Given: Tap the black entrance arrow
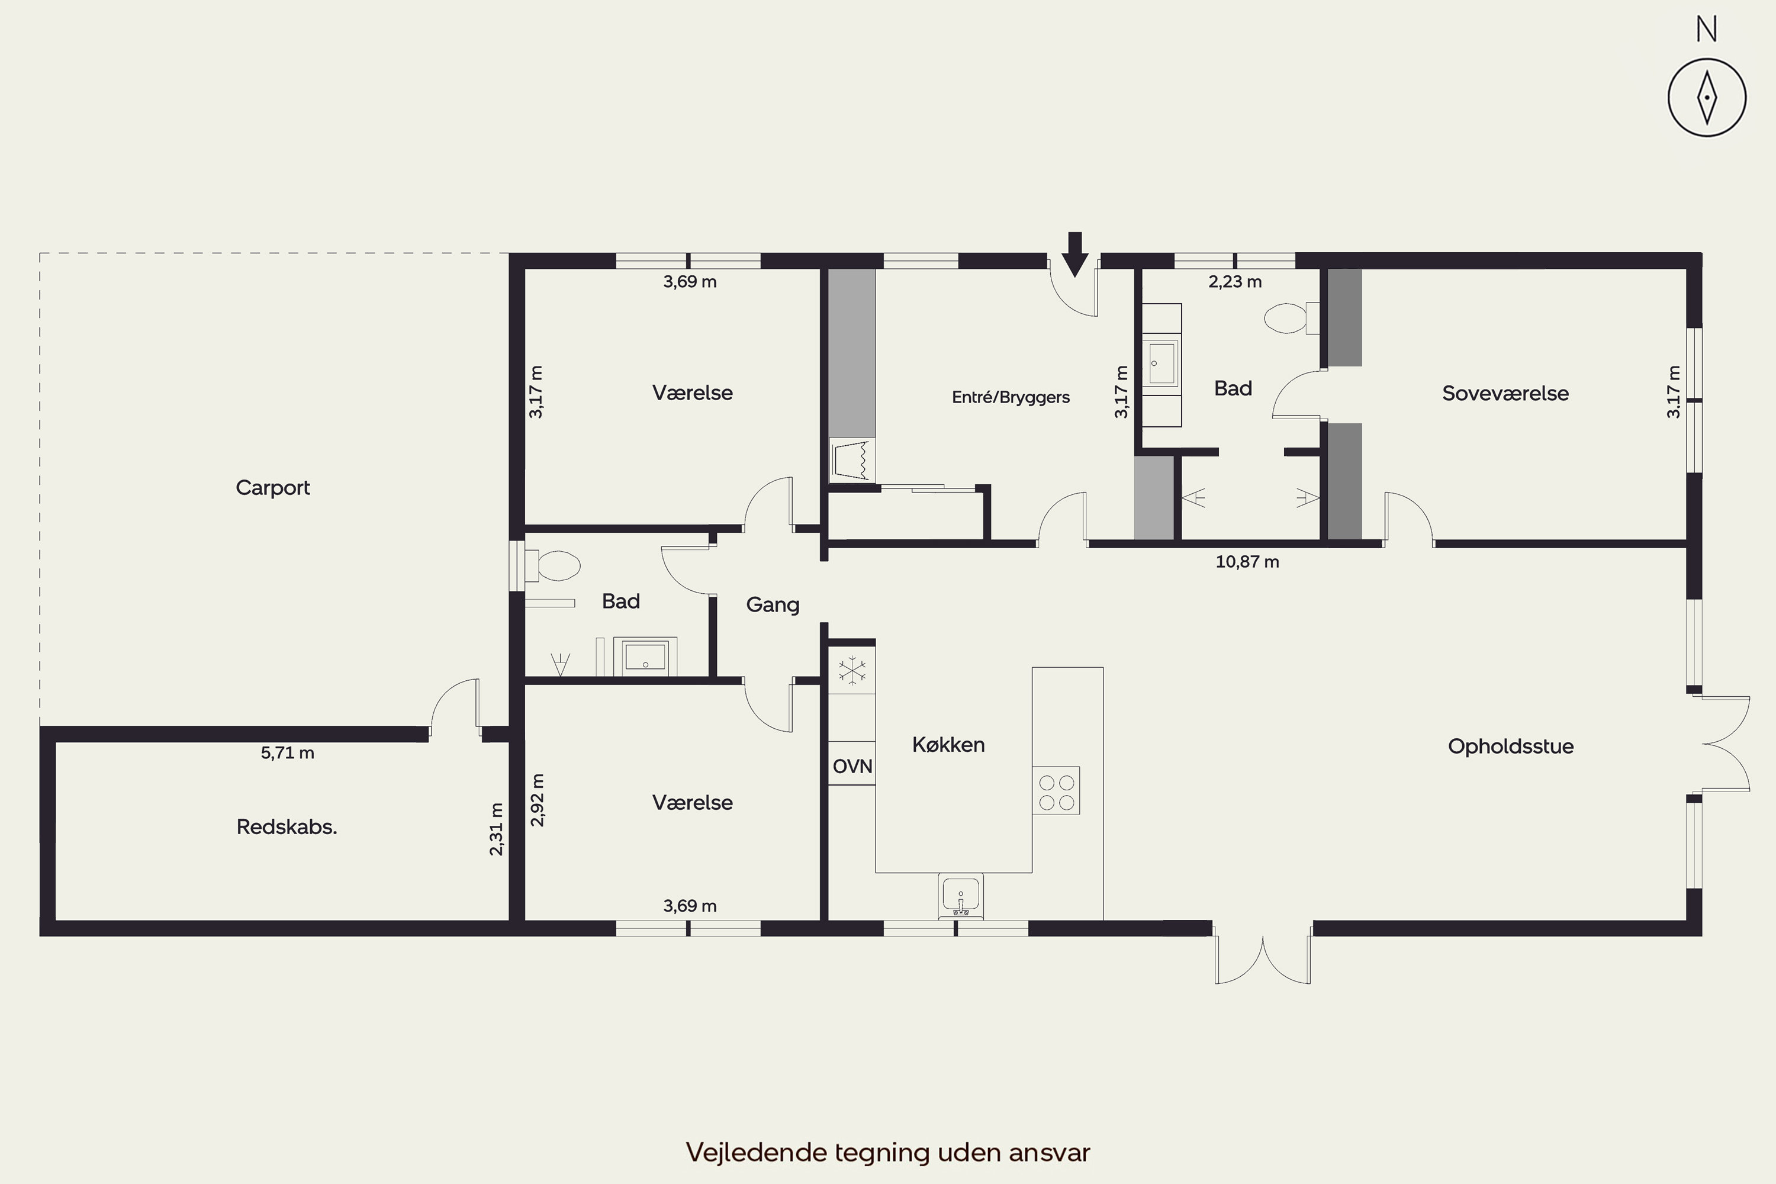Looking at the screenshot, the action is point(1074,255).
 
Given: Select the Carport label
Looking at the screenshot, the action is point(272,488).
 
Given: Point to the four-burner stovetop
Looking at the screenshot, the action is point(1056,790).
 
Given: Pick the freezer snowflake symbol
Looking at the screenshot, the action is point(852,671).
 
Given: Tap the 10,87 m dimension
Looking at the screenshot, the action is point(1247,562).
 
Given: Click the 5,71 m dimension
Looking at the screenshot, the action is point(288,753).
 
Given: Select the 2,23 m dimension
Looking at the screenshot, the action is point(1236,282).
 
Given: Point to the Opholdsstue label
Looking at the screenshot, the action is point(1511,747).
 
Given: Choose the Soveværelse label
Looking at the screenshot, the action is point(1505,394).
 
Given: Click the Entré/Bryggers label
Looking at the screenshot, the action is point(1011,397).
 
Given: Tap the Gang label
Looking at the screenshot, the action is point(773,605).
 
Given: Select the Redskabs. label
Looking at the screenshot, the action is point(287,827).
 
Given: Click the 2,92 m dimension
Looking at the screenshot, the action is point(537,800).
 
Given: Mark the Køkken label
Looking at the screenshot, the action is point(948,745).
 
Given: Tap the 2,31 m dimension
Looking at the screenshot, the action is point(496,829).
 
